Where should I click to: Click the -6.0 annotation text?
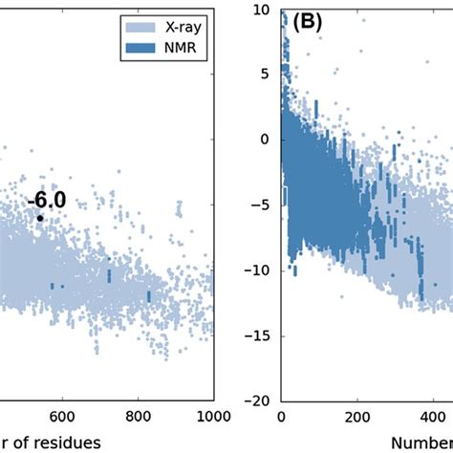tap(46, 201)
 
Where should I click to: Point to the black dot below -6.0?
tap(40, 218)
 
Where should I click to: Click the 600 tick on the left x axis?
tap(62, 416)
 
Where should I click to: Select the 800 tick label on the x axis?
tap(139, 416)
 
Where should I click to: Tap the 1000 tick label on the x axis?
tap(213, 416)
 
